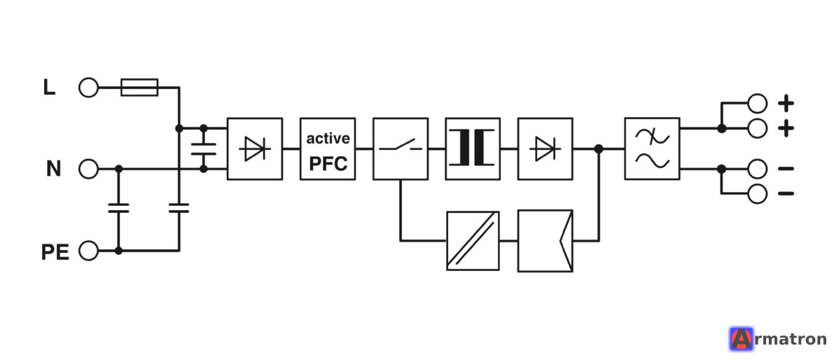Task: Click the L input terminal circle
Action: [89, 88]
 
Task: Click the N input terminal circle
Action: [89, 169]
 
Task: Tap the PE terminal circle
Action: [89, 251]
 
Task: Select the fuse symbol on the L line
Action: [139, 88]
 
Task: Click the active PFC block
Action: [328, 149]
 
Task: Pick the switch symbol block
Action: [401, 149]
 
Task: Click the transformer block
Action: [473, 149]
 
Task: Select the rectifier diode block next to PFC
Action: [255, 149]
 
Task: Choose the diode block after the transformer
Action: [545, 149]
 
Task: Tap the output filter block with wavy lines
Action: [652, 149]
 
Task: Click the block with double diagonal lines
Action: [473, 241]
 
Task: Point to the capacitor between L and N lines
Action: [203, 149]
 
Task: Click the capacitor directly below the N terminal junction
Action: [118, 208]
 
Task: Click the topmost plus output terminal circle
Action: [758, 103]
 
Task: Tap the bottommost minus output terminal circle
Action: [758, 193]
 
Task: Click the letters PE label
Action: [55, 252]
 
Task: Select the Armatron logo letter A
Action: [741, 339]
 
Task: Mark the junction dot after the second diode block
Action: [599, 149]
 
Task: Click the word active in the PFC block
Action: [328, 139]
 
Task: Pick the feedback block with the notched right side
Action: [545, 241]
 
